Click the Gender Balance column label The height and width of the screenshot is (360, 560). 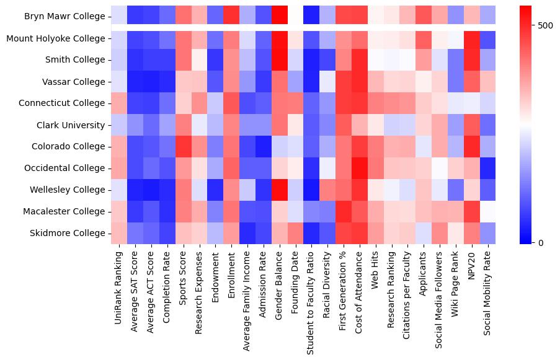click(x=280, y=282)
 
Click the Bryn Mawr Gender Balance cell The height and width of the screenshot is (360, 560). click(x=280, y=17)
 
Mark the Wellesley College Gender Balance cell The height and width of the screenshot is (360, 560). click(x=280, y=190)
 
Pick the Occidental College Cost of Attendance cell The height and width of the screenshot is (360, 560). click(x=360, y=168)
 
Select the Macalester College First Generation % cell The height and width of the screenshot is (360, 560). click(x=344, y=211)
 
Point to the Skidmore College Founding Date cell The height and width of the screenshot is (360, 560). click(x=296, y=233)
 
